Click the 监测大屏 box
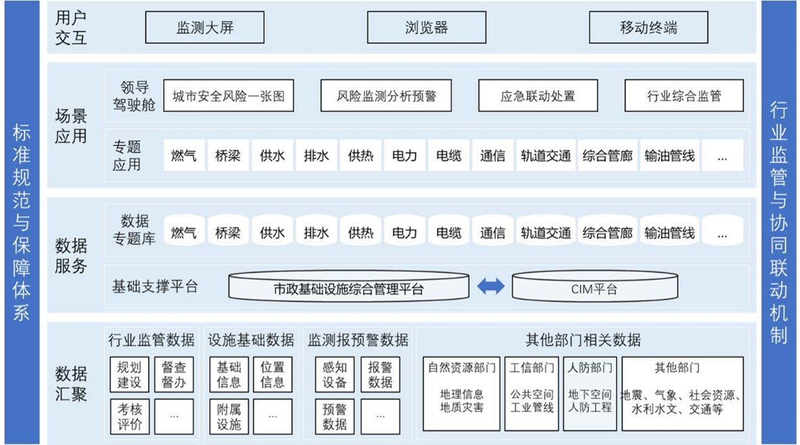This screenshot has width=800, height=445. [204, 28]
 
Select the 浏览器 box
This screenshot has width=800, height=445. [426, 28]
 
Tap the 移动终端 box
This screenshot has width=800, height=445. [648, 28]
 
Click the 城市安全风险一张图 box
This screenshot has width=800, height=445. [229, 96]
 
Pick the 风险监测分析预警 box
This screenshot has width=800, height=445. [386, 96]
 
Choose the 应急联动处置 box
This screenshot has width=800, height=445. [538, 96]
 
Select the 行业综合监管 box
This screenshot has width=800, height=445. [684, 96]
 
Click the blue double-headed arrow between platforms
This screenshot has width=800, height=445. [491, 287]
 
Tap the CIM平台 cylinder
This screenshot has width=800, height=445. [595, 287]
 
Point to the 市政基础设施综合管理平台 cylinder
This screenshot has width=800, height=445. [349, 287]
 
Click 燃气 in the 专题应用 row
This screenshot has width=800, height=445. [183, 155]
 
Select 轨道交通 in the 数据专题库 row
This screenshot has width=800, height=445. [546, 233]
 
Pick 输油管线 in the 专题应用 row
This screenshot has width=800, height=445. [669, 155]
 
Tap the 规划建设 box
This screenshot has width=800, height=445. [129, 375]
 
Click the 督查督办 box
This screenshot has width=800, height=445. [174, 375]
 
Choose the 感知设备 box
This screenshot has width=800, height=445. [335, 375]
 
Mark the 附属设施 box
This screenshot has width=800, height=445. [229, 417]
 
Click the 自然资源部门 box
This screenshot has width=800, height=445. [462, 394]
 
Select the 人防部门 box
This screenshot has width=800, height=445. [590, 394]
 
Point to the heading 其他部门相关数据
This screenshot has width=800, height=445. [583, 340]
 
